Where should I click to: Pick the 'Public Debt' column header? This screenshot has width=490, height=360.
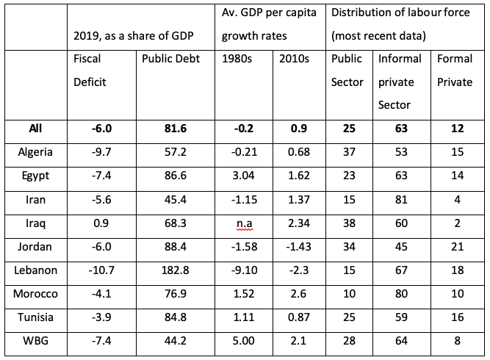[x=167, y=59]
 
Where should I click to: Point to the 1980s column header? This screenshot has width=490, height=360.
[x=237, y=59]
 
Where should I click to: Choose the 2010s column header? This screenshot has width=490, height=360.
[x=294, y=59]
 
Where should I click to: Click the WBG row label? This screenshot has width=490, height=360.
[x=31, y=341]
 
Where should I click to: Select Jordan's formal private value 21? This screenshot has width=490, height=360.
[x=456, y=246]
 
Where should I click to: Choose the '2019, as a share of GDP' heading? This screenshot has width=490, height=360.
[x=139, y=35]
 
